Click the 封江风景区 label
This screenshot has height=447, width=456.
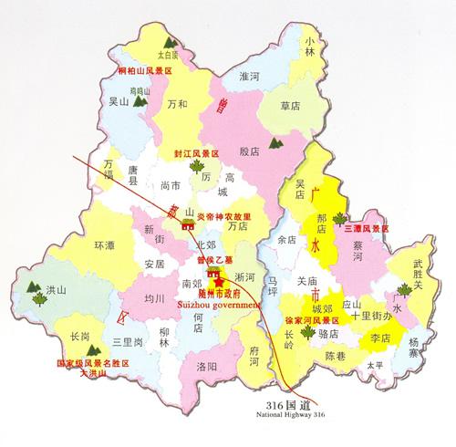(199, 154)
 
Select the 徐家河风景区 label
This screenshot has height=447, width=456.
(312, 321)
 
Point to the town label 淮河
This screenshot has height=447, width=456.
(249, 78)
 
